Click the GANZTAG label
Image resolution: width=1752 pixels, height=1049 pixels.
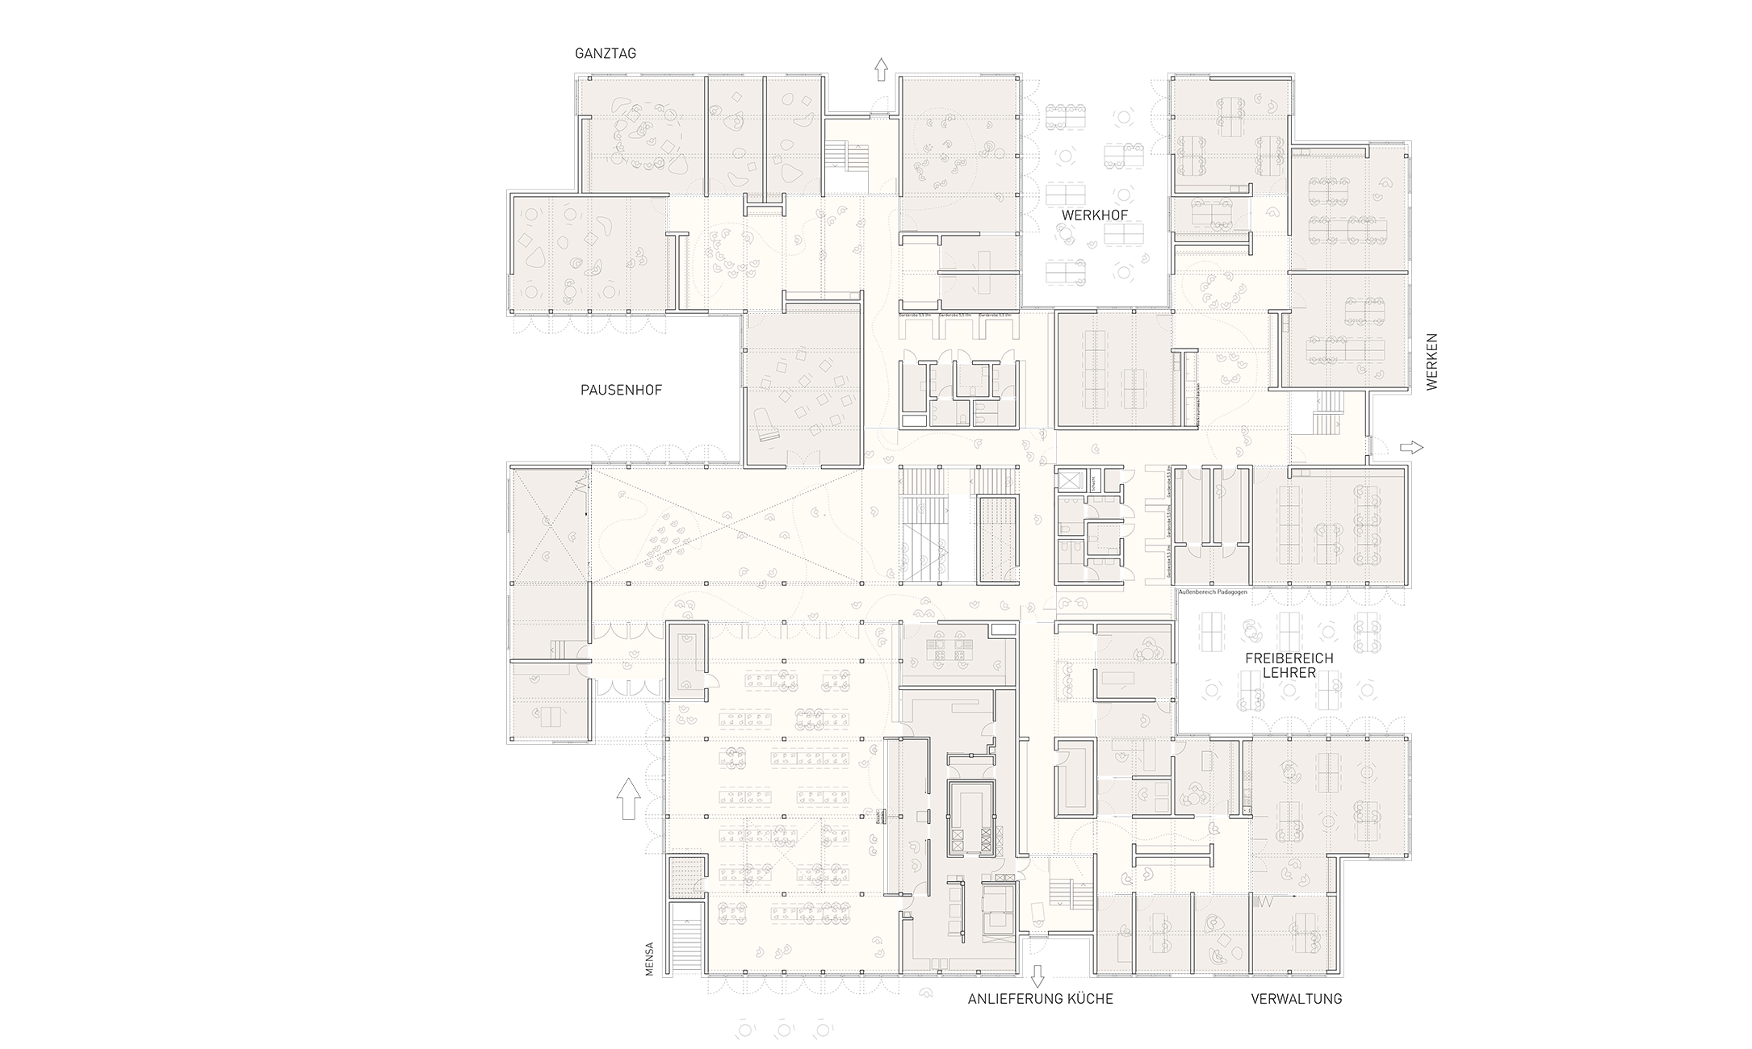click(606, 54)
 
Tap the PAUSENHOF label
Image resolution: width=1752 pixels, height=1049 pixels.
click(621, 390)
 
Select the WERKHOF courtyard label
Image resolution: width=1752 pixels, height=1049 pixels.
click(1094, 215)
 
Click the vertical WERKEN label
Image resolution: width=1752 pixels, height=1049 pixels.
click(1431, 362)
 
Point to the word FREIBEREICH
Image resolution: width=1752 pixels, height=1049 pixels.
click(1289, 658)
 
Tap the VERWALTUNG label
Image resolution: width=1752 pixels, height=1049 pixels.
click(1296, 999)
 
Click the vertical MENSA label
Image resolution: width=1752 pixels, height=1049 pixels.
click(649, 960)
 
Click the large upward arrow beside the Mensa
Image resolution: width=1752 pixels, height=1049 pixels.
click(627, 798)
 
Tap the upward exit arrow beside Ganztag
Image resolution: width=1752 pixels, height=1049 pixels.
click(880, 69)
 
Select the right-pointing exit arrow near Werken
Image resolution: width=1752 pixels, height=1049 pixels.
click(1411, 447)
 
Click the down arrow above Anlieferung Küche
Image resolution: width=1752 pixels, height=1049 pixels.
click(1037, 975)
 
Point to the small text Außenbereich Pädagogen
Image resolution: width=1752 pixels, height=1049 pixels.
click(1213, 592)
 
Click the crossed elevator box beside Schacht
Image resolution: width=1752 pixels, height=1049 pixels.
click(1070, 482)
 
